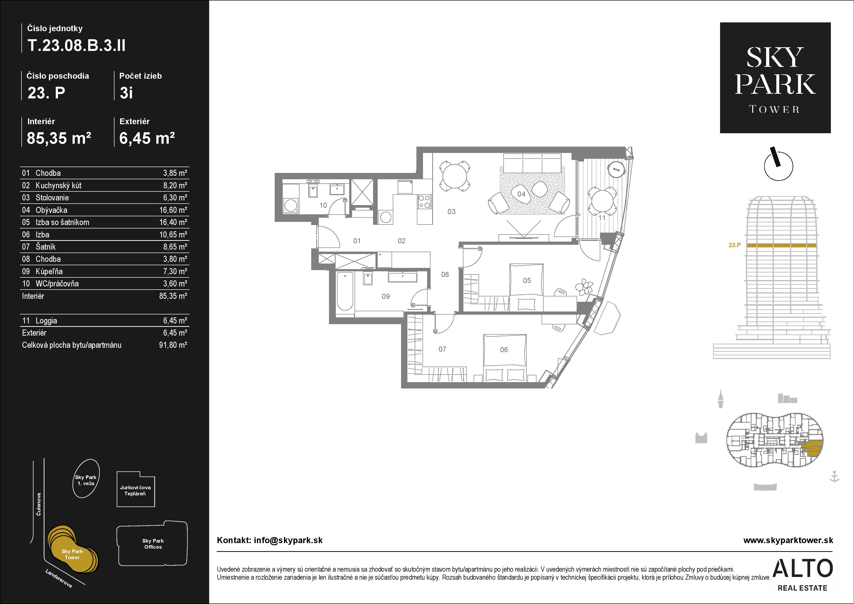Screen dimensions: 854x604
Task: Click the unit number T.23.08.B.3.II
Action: tap(76, 45)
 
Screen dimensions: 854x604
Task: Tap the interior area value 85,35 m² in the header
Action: tap(59, 138)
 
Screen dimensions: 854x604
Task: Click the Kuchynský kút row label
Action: tap(58, 185)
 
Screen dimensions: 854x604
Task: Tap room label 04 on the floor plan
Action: tap(521, 194)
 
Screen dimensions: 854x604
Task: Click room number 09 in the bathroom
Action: tap(386, 296)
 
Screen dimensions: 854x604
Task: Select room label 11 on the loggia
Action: tap(602, 217)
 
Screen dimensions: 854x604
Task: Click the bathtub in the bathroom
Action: tap(345, 291)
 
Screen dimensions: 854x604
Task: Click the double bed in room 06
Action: tap(505, 358)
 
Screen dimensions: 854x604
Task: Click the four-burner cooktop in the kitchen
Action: tap(424, 201)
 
